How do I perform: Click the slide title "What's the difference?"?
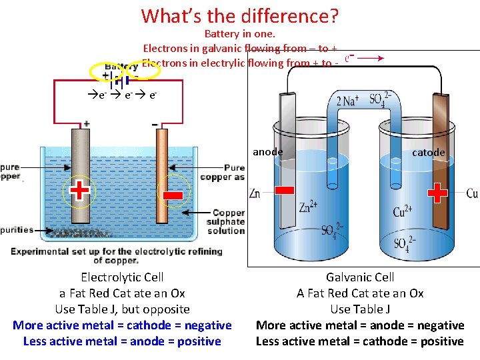pos(240,15)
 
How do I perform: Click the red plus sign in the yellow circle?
pos(79,191)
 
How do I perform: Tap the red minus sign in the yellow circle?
pos(172,195)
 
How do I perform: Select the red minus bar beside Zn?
pos(284,191)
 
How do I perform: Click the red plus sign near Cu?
pos(437,193)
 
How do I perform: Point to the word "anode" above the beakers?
pos(267,152)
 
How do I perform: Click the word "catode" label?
pos(428,153)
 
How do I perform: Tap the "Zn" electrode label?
pos(255,194)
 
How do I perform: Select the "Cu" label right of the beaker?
pos(472,194)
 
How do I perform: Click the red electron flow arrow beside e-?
pos(371,59)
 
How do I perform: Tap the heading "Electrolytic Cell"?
pos(122,277)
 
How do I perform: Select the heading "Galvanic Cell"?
pos(360,277)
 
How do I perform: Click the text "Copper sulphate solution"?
pos(226,222)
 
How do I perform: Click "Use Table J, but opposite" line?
pos(122,309)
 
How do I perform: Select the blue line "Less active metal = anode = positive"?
pos(122,341)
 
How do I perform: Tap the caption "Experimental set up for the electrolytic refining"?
pos(116,251)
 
